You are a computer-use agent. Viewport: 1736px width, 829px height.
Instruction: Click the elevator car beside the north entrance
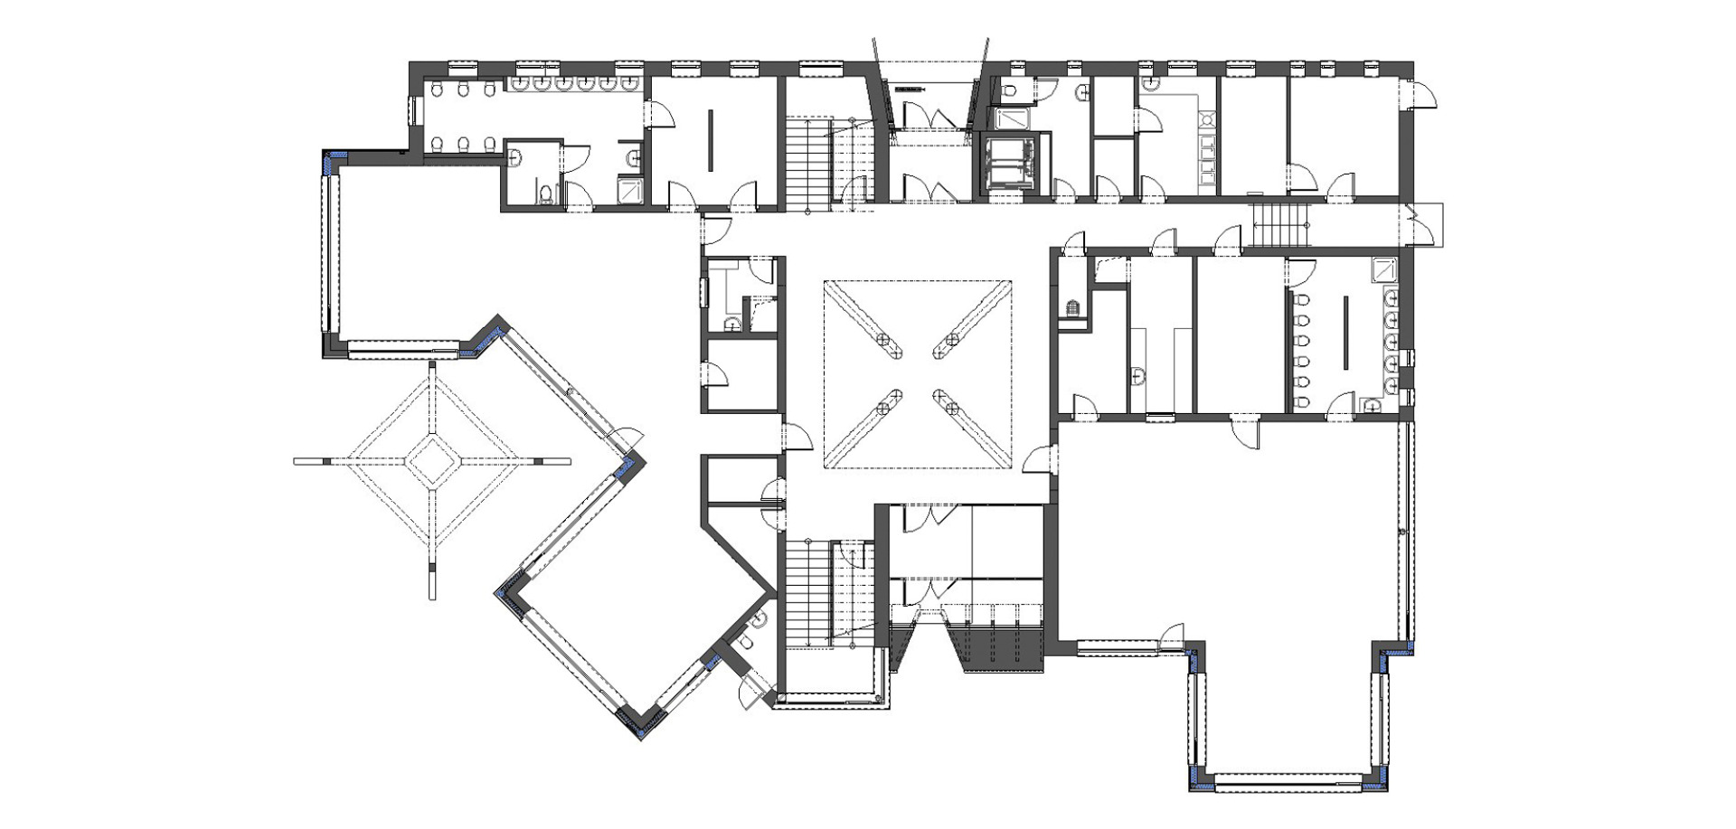[1008, 164]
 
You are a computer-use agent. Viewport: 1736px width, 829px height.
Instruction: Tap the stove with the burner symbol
[1205, 119]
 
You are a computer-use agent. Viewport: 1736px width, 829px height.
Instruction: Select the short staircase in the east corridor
[1280, 224]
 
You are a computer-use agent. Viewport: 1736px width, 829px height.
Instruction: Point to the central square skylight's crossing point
[917, 373]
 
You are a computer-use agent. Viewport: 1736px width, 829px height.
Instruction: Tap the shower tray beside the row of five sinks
[1383, 268]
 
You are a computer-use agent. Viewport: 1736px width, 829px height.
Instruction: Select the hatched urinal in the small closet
[1073, 308]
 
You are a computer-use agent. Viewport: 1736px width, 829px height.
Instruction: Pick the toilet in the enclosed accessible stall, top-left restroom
[545, 194]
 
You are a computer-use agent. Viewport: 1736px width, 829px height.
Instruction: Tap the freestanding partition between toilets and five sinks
[1344, 332]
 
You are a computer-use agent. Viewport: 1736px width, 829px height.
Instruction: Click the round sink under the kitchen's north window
[1151, 84]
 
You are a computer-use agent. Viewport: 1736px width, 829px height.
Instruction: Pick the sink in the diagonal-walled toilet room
[758, 618]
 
